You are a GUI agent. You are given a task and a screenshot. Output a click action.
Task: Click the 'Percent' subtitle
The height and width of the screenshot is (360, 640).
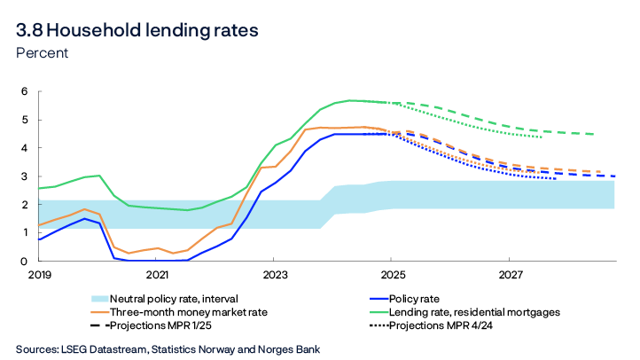pyautogui.click(x=42, y=53)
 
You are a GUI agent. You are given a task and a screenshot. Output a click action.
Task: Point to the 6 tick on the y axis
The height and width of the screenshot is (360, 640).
pyautogui.click(x=25, y=91)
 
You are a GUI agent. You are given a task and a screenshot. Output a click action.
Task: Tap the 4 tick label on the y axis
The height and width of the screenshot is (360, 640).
pyautogui.click(x=25, y=148)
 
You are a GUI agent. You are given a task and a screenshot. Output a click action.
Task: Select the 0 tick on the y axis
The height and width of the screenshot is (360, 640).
pyautogui.click(x=25, y=262)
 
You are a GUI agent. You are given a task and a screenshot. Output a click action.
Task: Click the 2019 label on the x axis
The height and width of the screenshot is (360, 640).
pyautogui.click(x=40, y=276)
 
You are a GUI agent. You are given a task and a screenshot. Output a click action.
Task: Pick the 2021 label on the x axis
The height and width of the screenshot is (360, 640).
pyautogui.click(x=157, y=276)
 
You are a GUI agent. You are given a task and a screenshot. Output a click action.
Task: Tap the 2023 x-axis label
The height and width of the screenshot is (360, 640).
pyautogui.click(x=274, y=276)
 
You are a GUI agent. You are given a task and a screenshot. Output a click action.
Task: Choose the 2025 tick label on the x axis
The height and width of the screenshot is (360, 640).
pyautogui.click(x=392, y=276)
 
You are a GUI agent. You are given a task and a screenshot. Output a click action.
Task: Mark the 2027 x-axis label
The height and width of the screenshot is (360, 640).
pyautogui.click(x=509, y=276)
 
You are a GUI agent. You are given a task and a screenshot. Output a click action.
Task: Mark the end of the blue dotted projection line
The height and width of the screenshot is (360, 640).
pyautogui.click(x=556, y=179)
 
